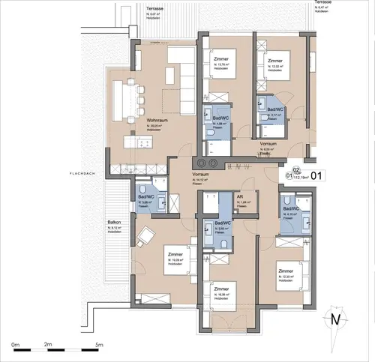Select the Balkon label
[x=115, y=223]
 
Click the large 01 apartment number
[x=316, y=177]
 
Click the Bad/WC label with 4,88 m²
[x=220, y=118]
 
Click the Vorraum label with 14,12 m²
[x=202, y=175]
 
